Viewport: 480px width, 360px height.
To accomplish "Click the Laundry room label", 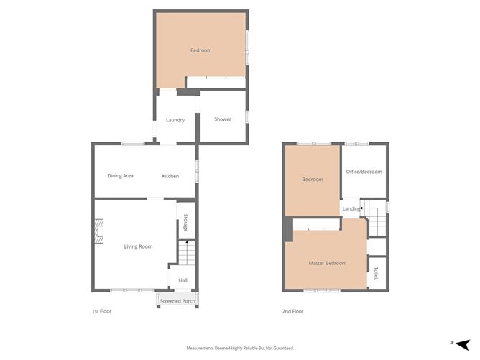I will point(175,120).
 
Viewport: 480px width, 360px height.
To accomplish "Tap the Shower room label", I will point(223,119).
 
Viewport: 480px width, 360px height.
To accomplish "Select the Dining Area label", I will point(121,176).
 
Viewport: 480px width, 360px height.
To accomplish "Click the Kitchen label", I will point(170,176).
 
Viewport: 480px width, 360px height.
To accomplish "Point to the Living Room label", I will point(139,246).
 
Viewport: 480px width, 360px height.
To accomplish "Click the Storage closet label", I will point(185,222).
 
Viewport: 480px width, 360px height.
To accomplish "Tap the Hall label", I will point(183,280).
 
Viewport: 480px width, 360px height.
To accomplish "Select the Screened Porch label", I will point(177,300).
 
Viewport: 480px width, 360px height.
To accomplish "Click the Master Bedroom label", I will point(328,263).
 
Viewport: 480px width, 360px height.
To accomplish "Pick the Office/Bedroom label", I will point(364,172).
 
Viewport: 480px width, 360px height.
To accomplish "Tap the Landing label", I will point(351,209).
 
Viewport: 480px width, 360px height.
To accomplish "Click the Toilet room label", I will point(376,273).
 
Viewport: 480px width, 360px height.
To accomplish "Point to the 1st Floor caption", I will point(101,311).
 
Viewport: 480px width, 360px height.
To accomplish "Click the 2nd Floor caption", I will point(292,311).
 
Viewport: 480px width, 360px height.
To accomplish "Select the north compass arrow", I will point(462,344).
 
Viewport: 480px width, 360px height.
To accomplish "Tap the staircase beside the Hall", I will point(186,254).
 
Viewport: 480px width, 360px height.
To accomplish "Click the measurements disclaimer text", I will point(240,348).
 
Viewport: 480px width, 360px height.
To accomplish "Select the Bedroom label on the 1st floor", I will point(201,50).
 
